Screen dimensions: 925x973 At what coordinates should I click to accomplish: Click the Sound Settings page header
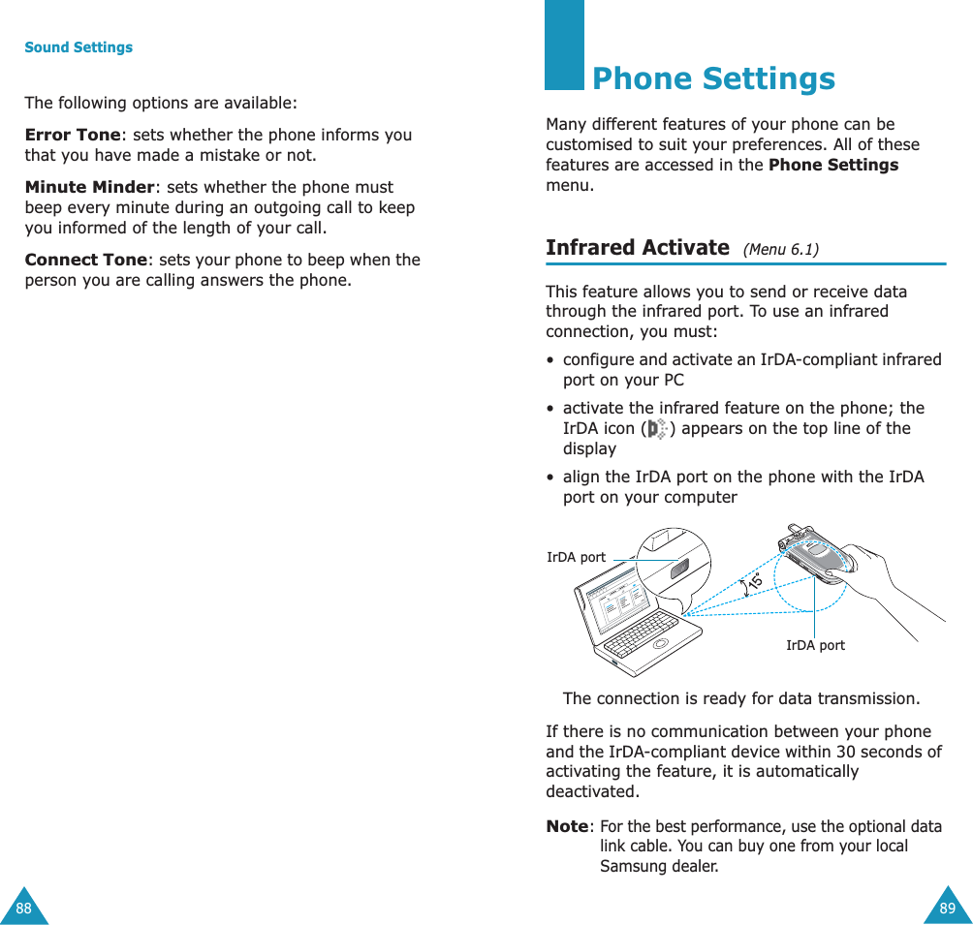click(78, 47)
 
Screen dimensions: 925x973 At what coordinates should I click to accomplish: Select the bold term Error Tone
click(73, 135)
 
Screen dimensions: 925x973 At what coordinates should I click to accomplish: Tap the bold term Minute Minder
click(89, 187)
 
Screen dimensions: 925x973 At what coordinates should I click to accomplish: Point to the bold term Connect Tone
click(86, 260)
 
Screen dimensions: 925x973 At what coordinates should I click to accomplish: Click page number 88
click(23, 908)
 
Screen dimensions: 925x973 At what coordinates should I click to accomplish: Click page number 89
click(947, 908)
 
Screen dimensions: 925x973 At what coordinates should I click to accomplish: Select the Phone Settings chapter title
click(713, 78)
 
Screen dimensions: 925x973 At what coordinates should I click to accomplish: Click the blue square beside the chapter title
click(564, 45)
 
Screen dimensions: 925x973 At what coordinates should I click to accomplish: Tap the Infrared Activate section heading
click(637, 247)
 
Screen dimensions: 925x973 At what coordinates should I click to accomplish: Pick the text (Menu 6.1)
click(780, 250)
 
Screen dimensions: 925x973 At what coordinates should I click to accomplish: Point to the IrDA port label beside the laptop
click(576, 558)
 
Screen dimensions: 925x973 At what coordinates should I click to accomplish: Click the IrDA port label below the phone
click(814, 645)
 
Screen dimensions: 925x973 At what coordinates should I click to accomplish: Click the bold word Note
click(568, 826)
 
